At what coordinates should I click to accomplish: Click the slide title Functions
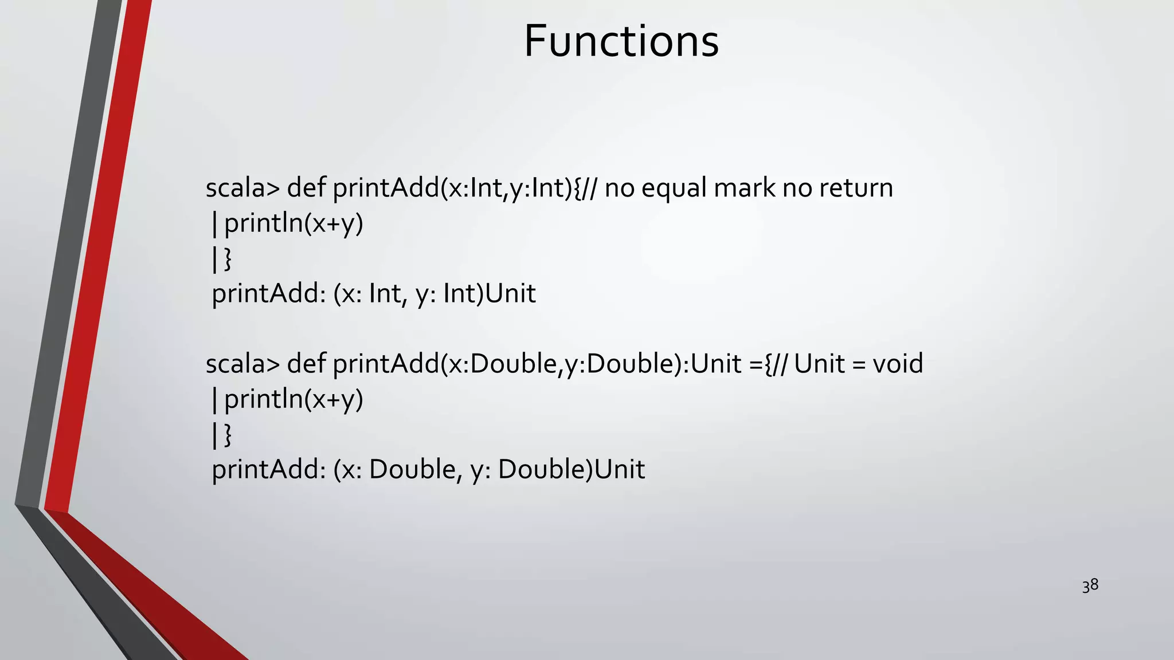(621, 41)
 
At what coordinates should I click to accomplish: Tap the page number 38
(1090, 586)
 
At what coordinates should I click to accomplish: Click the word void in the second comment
(898, 364)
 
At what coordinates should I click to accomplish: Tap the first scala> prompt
(242, 188)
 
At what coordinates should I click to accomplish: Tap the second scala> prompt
(242, 364)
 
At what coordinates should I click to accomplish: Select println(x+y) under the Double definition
(293, 400)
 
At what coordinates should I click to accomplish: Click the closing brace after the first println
(228, 259)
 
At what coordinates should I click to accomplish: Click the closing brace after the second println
(228, 435)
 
